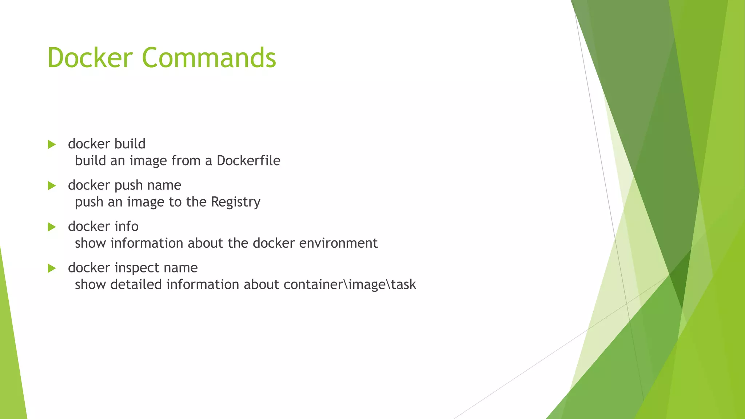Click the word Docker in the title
[90, 57]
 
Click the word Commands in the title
[209, 57]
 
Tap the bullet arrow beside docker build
[52, 144]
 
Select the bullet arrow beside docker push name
[52, 186]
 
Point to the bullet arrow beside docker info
[52, 227]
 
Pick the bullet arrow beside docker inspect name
[52, 268]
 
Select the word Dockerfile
[248, 160]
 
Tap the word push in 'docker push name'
[128, 185]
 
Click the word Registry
[236, 202]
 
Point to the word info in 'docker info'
[127, 226]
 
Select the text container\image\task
[350, 284]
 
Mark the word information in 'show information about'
[147, 243]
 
